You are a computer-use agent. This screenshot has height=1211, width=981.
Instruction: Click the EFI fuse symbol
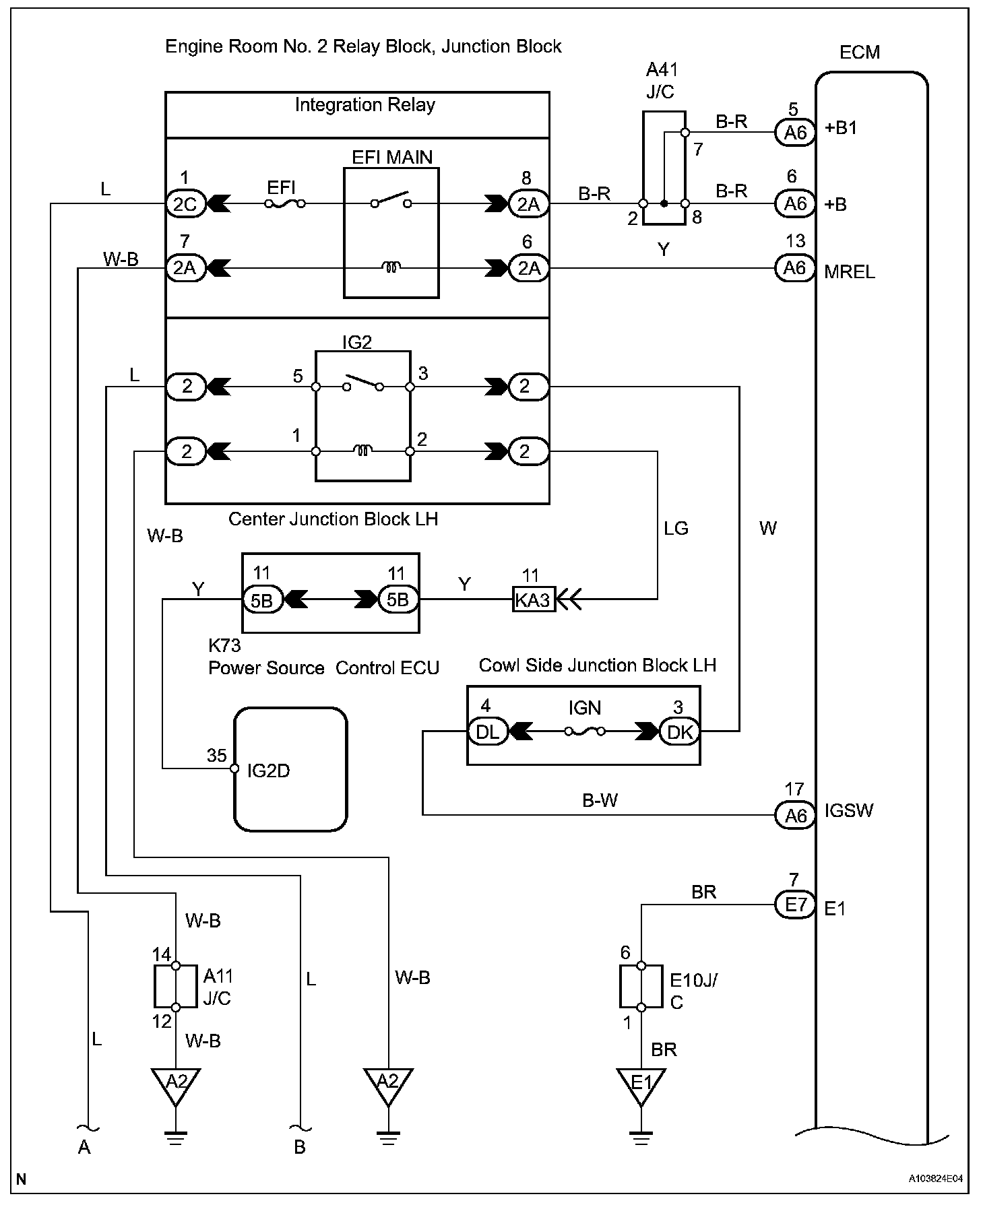click(286, 203)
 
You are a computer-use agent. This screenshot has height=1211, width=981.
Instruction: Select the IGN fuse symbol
click(584, 731)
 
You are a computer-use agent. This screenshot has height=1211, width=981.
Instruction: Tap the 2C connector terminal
click(185, 203)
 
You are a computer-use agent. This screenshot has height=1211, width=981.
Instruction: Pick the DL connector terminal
click(487, 731)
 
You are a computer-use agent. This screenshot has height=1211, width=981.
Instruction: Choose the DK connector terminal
click(680, 731)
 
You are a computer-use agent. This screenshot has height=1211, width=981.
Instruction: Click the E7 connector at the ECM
click(796, 904)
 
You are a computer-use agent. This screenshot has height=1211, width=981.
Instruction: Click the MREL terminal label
click(850, 271)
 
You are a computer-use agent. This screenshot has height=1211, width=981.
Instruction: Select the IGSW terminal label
click(849, 810)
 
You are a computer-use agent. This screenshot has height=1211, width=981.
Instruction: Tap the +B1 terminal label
click(841, 128)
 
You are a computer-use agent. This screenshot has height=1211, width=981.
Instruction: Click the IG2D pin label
click(268, 771)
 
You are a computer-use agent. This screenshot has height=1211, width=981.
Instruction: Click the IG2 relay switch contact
click(362, 383)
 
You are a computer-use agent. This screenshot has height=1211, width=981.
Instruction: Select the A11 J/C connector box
click(176, 986)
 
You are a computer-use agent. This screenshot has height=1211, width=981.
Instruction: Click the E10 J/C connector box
click(641, 986)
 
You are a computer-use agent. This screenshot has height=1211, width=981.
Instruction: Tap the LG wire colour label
click(676, 529)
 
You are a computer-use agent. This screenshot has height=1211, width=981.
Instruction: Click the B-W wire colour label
click(600, 800)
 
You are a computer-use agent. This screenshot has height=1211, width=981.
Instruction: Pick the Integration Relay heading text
click(365, 105)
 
